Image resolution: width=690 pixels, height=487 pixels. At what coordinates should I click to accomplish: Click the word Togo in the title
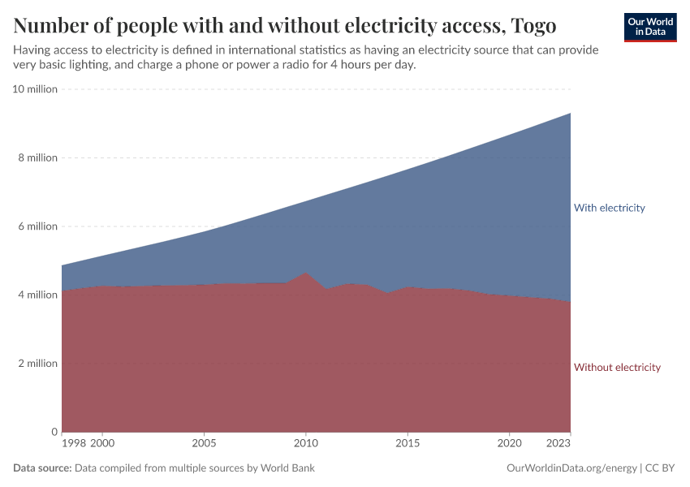(533, 26)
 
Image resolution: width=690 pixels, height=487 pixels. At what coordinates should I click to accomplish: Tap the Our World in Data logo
(649, 27)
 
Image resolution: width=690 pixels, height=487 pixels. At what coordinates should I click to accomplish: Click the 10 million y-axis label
(35, 89)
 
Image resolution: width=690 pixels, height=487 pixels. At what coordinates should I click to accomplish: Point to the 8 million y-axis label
(37, 157)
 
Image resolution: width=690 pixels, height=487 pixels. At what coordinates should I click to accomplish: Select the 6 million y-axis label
(37, 226)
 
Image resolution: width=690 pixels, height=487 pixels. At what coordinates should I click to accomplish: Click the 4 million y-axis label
(37, 295)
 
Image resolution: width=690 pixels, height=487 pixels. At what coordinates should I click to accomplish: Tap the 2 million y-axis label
(37, 364)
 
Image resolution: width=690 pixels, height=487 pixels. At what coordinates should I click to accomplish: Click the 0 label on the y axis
(54, 432)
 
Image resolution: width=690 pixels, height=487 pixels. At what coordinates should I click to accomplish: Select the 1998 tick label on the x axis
(73, 444)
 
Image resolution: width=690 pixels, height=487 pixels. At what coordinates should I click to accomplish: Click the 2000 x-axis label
(102, 444)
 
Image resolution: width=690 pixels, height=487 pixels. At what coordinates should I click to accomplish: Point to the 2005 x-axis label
(204, 444)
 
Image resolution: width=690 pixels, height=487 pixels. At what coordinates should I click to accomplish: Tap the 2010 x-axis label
(305, 444)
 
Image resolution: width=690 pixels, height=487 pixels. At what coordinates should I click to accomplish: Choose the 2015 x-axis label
(408, 444)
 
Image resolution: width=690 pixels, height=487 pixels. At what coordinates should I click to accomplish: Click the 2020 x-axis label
(509, 444)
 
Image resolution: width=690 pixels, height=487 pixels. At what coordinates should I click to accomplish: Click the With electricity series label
(609, 208)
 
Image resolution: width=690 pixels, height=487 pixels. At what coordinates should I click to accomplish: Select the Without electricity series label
(617, 368)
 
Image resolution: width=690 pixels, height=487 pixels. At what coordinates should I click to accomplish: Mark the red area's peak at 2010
(305, 273)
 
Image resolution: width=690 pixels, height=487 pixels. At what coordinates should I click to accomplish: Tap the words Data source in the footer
(42, 468)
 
